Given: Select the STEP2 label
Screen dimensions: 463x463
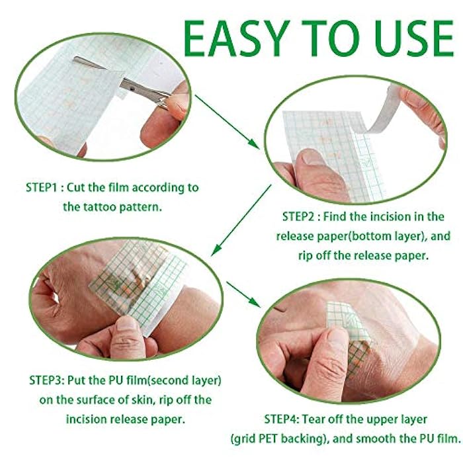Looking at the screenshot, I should (301, 216).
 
